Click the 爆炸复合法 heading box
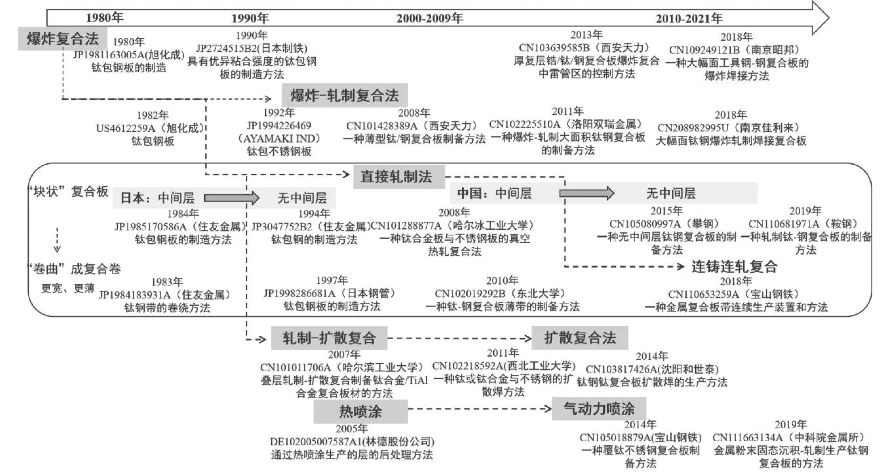pyautogui.click(x=63, y=39)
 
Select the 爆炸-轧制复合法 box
pyautogui.click(x=344, y=95)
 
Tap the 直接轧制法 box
pyautogui.click(x=399, y=177)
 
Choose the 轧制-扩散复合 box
pyautogui.click(x=329, y=338)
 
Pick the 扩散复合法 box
pyautogui.click(x=580, y=338)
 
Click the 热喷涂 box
pyautogui.click(x=360, y=411)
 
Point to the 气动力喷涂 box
pyautogui.click(x=599, y=409)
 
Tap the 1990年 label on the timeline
pyautogui.click(x=250, y=18)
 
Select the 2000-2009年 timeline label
pyautogui.click(x=430, y=18)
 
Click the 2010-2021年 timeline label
pyautogui.click(x=689, y=18)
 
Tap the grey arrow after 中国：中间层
pyautogui.click(x=586, y=193)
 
